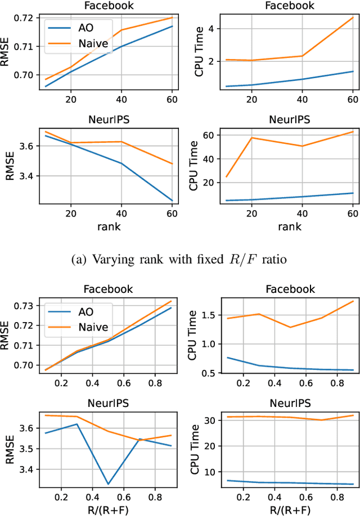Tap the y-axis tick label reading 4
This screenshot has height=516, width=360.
209,28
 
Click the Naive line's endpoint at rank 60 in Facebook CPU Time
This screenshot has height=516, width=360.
353,17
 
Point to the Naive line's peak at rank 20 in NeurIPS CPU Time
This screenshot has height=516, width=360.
251,138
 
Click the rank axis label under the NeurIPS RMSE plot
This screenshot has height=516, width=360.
107,226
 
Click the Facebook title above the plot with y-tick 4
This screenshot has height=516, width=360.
287,6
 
